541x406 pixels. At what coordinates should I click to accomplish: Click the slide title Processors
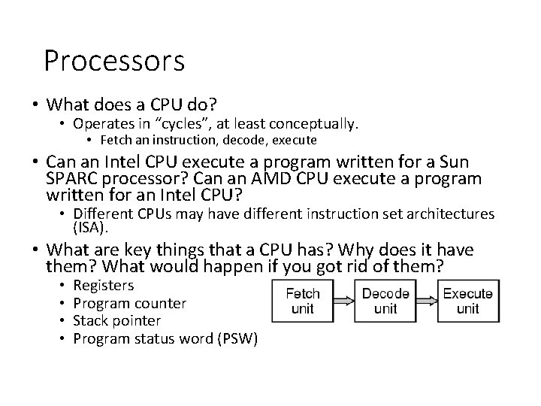tap(114, 61)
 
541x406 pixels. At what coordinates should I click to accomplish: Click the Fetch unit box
tap(303, 301)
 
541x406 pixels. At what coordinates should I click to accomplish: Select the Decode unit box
tap(385, 301)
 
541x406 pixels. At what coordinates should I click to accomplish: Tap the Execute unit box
tap(467, 301)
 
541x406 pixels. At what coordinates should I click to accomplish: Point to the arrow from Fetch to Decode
tap(343, 301)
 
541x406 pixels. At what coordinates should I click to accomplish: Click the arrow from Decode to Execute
tap(426, 301)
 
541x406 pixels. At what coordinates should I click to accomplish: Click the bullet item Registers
tap(104, 286)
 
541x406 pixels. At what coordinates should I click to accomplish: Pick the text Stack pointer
tap(118, 321)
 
